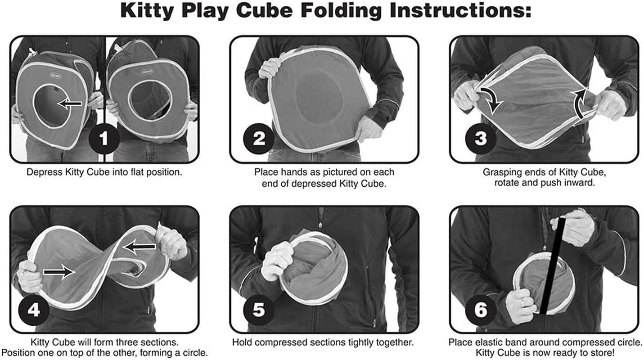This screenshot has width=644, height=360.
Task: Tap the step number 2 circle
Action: [x=259, y=139]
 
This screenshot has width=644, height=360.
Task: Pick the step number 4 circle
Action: [x=34, y=310]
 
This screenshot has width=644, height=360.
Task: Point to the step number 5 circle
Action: [x=259, y=310]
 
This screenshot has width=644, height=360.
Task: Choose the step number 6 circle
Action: [x=481, y=310]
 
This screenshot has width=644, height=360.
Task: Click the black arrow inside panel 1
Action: [x=71, y=104]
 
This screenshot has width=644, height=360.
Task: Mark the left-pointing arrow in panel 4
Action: [x=140, y=246]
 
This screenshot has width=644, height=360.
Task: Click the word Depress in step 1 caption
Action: [x=41, y=172]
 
